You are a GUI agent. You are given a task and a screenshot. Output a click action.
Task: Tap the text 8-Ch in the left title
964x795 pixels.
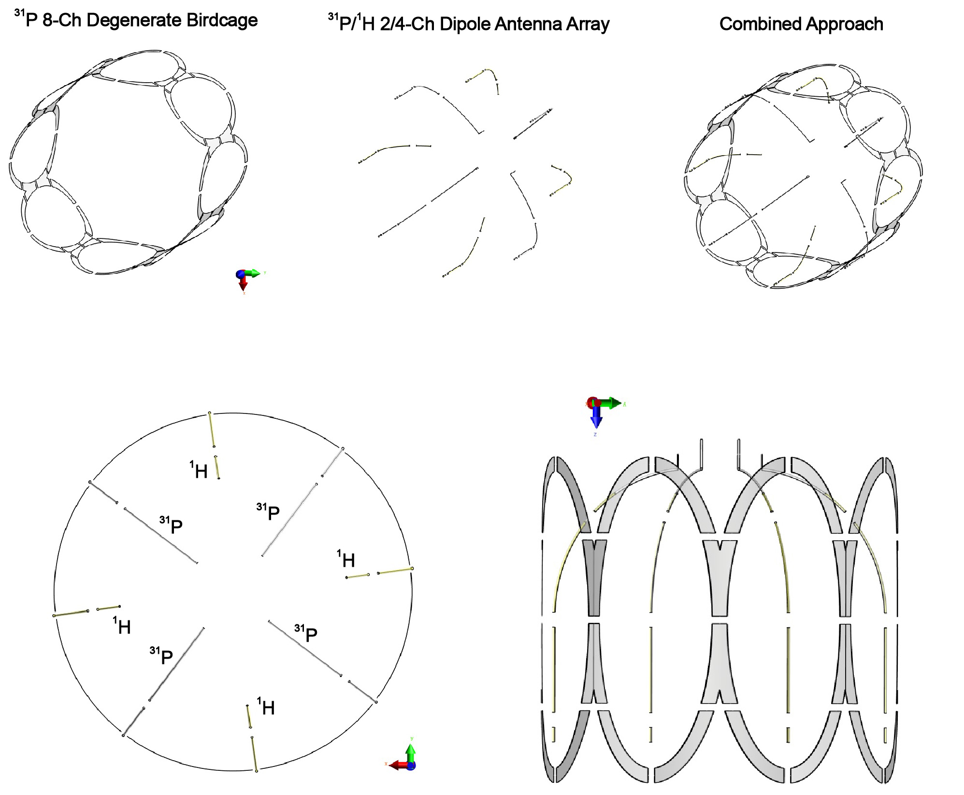62,20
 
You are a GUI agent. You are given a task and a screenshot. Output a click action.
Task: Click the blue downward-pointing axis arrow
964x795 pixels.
596,418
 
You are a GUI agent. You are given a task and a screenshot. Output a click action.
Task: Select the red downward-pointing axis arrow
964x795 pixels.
243,284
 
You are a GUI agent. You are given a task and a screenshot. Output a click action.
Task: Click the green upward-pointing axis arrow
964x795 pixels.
411,752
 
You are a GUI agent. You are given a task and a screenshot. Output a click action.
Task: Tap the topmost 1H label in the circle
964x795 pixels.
199,471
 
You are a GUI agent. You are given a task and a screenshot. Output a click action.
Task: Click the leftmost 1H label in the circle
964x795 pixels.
122,626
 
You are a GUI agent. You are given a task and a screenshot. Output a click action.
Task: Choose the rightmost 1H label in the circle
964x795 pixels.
346,559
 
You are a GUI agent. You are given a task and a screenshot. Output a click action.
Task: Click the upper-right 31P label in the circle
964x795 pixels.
268,512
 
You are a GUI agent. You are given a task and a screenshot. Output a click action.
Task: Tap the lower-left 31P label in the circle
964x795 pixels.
161,656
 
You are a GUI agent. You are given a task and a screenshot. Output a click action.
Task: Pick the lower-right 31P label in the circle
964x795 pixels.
306,633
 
